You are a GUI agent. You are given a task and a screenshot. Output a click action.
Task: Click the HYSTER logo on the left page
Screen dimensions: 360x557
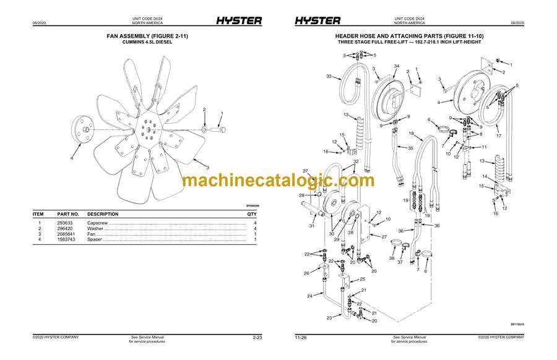pos(239,20)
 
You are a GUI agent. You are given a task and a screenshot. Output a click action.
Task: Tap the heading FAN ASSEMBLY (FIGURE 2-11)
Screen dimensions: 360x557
pos(147,36)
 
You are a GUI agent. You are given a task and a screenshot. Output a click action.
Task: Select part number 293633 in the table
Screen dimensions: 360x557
pos(65,223)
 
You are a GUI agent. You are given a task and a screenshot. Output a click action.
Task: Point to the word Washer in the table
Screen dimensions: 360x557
pos(96,228)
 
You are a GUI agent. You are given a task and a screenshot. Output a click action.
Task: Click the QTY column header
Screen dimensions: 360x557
pos(251,214)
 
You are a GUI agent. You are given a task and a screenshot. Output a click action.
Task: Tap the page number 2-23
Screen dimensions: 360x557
pos(257,338)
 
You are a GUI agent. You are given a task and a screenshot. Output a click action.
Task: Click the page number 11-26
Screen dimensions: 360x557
pos(301,338)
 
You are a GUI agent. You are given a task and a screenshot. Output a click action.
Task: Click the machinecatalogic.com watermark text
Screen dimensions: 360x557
pos(278,181)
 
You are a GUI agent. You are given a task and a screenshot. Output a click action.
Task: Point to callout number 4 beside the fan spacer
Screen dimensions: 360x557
pos(71,158)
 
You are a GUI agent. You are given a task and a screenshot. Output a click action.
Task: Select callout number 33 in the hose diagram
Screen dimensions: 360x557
pos(329,77)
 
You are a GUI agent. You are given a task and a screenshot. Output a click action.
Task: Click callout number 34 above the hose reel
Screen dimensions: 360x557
pos(397,66)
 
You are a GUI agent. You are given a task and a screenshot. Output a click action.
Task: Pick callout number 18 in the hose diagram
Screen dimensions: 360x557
pos(411,134)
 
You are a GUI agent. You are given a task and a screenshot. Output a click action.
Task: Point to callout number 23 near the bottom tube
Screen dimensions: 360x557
pos(329,318)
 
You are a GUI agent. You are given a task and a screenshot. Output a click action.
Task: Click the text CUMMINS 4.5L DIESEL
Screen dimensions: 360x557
pos(147,42)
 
